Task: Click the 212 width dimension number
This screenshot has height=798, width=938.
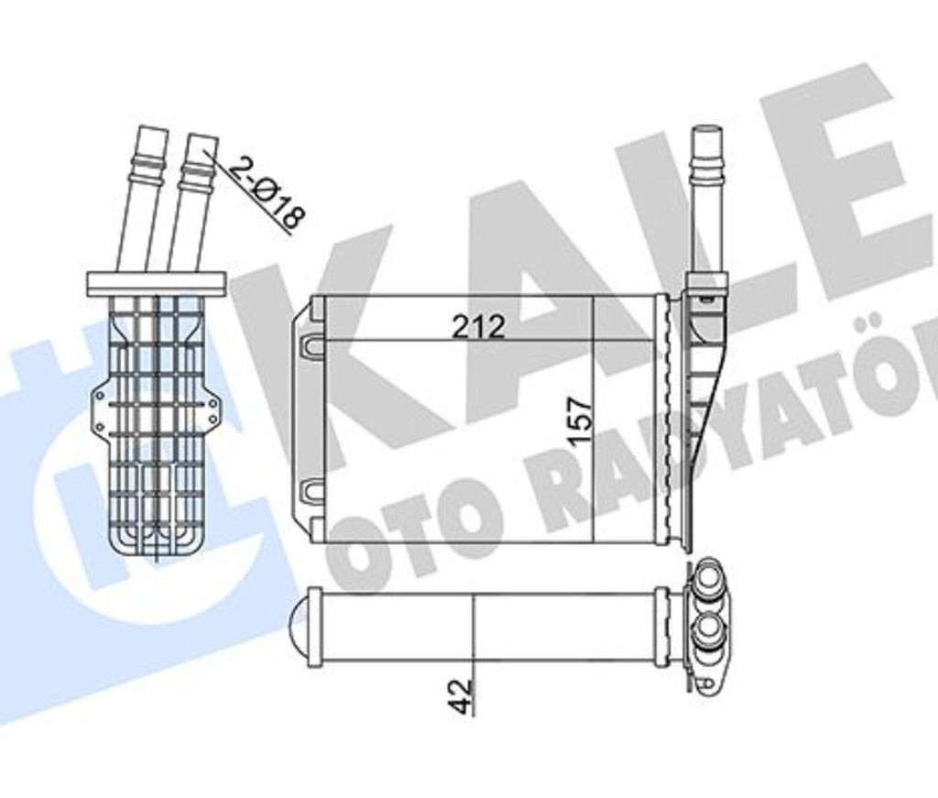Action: pyautogui.click(x=478, y=326)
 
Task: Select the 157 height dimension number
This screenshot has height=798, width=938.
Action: pyautogui.click(x=580, y=421)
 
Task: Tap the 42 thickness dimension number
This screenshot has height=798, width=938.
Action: pyautogui.click(x=461, y=695)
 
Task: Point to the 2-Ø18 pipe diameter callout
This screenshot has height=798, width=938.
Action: pyautogui.click(x=267, y=194)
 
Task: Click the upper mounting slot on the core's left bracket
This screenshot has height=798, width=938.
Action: pyautogui.click(x=311, y=344)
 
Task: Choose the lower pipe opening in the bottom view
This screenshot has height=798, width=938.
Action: pyautogui.click(x=710, y=633)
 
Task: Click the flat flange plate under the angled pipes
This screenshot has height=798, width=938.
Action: pyautogui.click(x=157, y=283)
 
